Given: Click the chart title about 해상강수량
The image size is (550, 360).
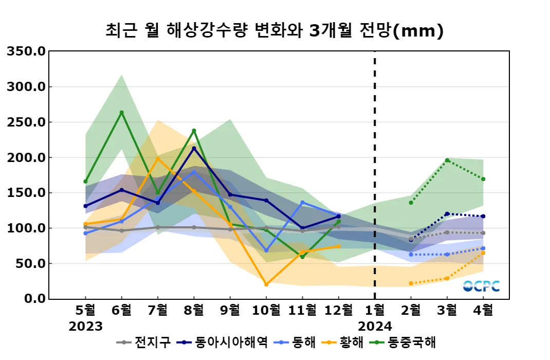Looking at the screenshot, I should [x=274, y=31].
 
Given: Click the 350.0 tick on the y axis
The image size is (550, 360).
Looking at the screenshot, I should [x=26, y=51].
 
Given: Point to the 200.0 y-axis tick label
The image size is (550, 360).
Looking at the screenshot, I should [x=26, y=157].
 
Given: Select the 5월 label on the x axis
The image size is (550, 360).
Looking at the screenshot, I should [x=85, y=310].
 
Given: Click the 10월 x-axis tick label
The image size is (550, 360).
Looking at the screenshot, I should [x=266, y=310].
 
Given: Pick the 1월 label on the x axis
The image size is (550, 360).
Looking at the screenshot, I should [x=375, y=310].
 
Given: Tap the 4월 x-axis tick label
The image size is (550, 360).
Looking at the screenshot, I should [x=483, y=310].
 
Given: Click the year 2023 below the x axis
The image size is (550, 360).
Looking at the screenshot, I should [x=85, y=326].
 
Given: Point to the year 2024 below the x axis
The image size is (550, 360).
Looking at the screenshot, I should [x=375, y=326].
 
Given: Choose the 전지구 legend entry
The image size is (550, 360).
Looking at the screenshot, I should [x=143, y=343].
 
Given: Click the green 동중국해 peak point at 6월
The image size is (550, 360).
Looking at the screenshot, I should [x=121, y=113].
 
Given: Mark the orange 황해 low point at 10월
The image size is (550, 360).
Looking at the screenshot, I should [x=266, y=284].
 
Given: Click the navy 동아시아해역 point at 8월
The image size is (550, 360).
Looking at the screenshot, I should [x=194, y=149].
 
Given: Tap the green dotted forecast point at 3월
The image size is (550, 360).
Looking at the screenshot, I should [x=447, y=160].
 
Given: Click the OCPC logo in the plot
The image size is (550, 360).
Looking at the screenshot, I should [x=481, y=286].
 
